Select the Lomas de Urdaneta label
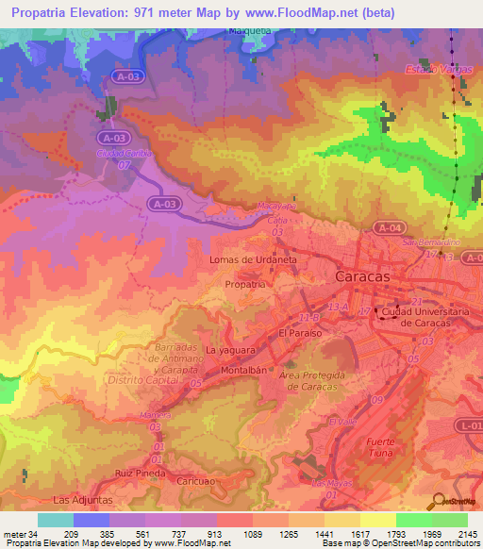253,258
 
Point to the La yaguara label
232,351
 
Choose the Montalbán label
239,371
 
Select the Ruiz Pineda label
134,473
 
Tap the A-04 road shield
388,227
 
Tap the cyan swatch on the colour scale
55,520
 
